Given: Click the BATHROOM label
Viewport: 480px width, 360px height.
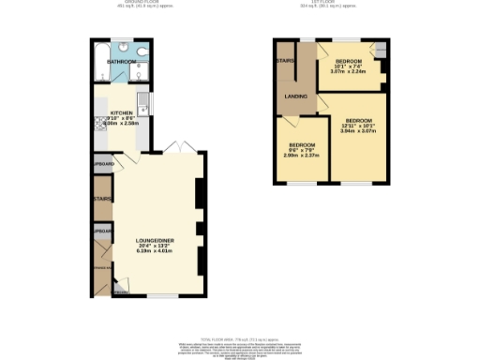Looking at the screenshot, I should [x=121, y=62].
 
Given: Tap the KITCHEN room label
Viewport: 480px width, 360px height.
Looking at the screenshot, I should [x=122, y=112].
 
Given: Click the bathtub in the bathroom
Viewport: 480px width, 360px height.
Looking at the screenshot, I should [x=101, y=62].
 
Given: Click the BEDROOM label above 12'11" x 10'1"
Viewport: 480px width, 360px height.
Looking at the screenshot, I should [x=358, y=121].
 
